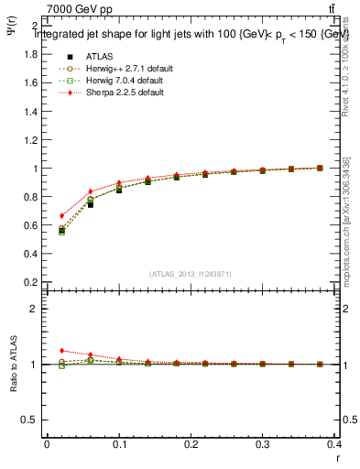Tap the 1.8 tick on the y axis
(30, 54)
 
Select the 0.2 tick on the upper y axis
(30, 282)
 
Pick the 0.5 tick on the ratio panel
(30, 420)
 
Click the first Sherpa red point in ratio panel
(61, 350)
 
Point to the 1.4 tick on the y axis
(30, 111)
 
